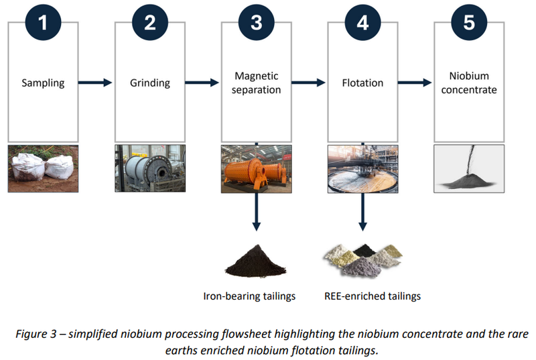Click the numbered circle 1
tap(43, 23)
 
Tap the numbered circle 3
tap(257, 23)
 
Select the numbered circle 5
tap(469, 23)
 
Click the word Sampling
tap(43, 83)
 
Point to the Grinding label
tap(149, 83)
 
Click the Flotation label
tap(362, 82)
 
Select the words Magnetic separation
tap(257, 82)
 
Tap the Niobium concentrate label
tap(469, 82)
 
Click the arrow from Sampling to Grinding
tap(95, 82)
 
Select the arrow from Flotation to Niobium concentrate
tap(415, 82)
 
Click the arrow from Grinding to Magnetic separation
tap(202, 82)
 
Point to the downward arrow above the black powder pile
tap(257, 212)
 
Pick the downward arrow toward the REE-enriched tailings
tap(362, 212)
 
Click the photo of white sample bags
tap(43, 168)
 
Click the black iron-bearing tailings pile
tap(256, 261)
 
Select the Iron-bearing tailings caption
tap(249, 296)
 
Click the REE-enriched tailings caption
tap(373, 296)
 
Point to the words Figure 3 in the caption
tap(36, 334)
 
